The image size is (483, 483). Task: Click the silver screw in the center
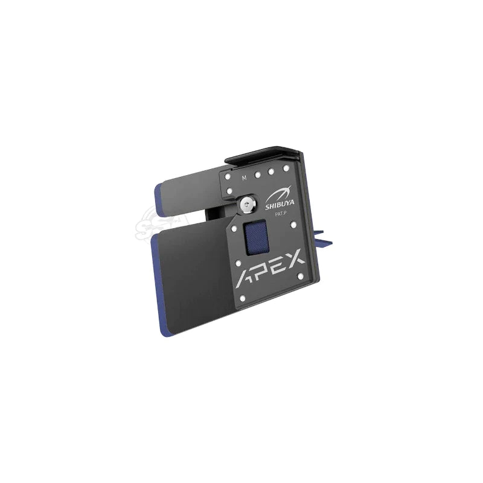pos(247,204)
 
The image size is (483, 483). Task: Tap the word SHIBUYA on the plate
pos(280,204)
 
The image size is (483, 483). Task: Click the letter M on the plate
pos(244,178)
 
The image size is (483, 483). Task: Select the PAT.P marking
pos(281,214)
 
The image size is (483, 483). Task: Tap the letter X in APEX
pos(293,258)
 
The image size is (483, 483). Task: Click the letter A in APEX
pos(246,279)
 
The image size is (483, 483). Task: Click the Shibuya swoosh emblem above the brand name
pos(279,193)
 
